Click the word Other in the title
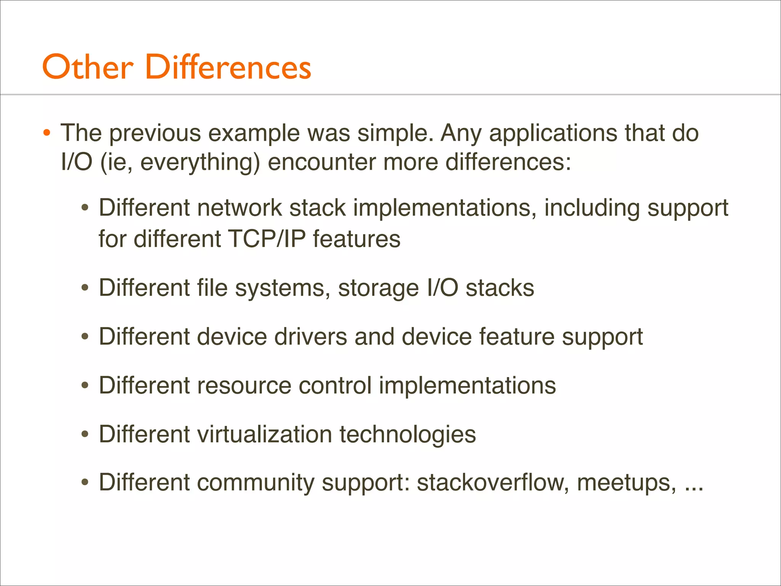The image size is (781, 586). pyautogui.click(x=88, y=67)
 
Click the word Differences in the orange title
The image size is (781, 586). pyautogui.click(x=228, y=67)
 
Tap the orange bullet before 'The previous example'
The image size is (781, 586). pyautogui.click(x=47, y=133)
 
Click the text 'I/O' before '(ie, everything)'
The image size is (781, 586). pyautogui.click(x=77, y=162)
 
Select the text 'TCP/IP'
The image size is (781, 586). pyautogui.click(x=267, y=239)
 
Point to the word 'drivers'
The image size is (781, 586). pyautogui.click(x=310, y=336)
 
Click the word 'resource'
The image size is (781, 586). pyautogui.click(x=244, y=385)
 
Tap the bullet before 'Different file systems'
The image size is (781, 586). pyautogui.click(x=85, y=288)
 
